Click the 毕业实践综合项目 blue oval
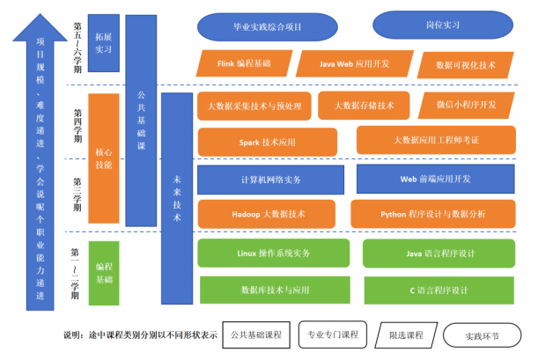265,27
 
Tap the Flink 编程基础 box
242,63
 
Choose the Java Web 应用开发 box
354,63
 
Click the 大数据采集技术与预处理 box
254,106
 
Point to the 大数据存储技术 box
364,106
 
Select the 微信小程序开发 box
465,105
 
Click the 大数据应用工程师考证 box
436,140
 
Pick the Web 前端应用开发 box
436,179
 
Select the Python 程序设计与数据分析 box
433,213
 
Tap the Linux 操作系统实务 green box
274,253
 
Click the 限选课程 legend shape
406,335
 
